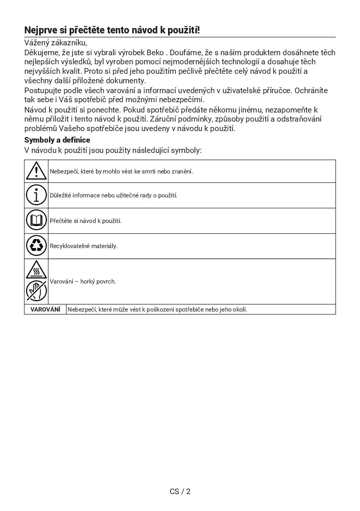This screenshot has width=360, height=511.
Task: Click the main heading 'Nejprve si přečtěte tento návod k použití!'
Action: click(112, 30)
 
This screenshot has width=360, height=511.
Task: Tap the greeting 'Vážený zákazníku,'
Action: click(56, 42)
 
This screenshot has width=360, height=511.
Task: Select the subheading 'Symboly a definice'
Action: click(57, 140)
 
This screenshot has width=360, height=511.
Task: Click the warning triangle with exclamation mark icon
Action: click(36, 171)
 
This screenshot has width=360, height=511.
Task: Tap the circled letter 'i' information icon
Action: click(36, 195)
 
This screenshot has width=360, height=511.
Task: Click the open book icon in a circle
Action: click(36, 220)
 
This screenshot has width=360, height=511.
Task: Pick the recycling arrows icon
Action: click(36, 246)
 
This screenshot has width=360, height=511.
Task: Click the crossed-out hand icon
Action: click(36, 291)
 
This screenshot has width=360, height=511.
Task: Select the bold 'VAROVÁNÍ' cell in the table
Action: click(45, 309)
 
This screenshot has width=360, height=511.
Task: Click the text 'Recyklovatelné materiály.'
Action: click(84, 246)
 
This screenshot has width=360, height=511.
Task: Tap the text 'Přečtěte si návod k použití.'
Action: click(86, 221)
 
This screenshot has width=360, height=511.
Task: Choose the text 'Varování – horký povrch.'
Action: click(83, 281)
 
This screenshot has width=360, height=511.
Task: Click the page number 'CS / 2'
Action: click(180, 491)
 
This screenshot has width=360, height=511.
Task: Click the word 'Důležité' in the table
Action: click(60, 195)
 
